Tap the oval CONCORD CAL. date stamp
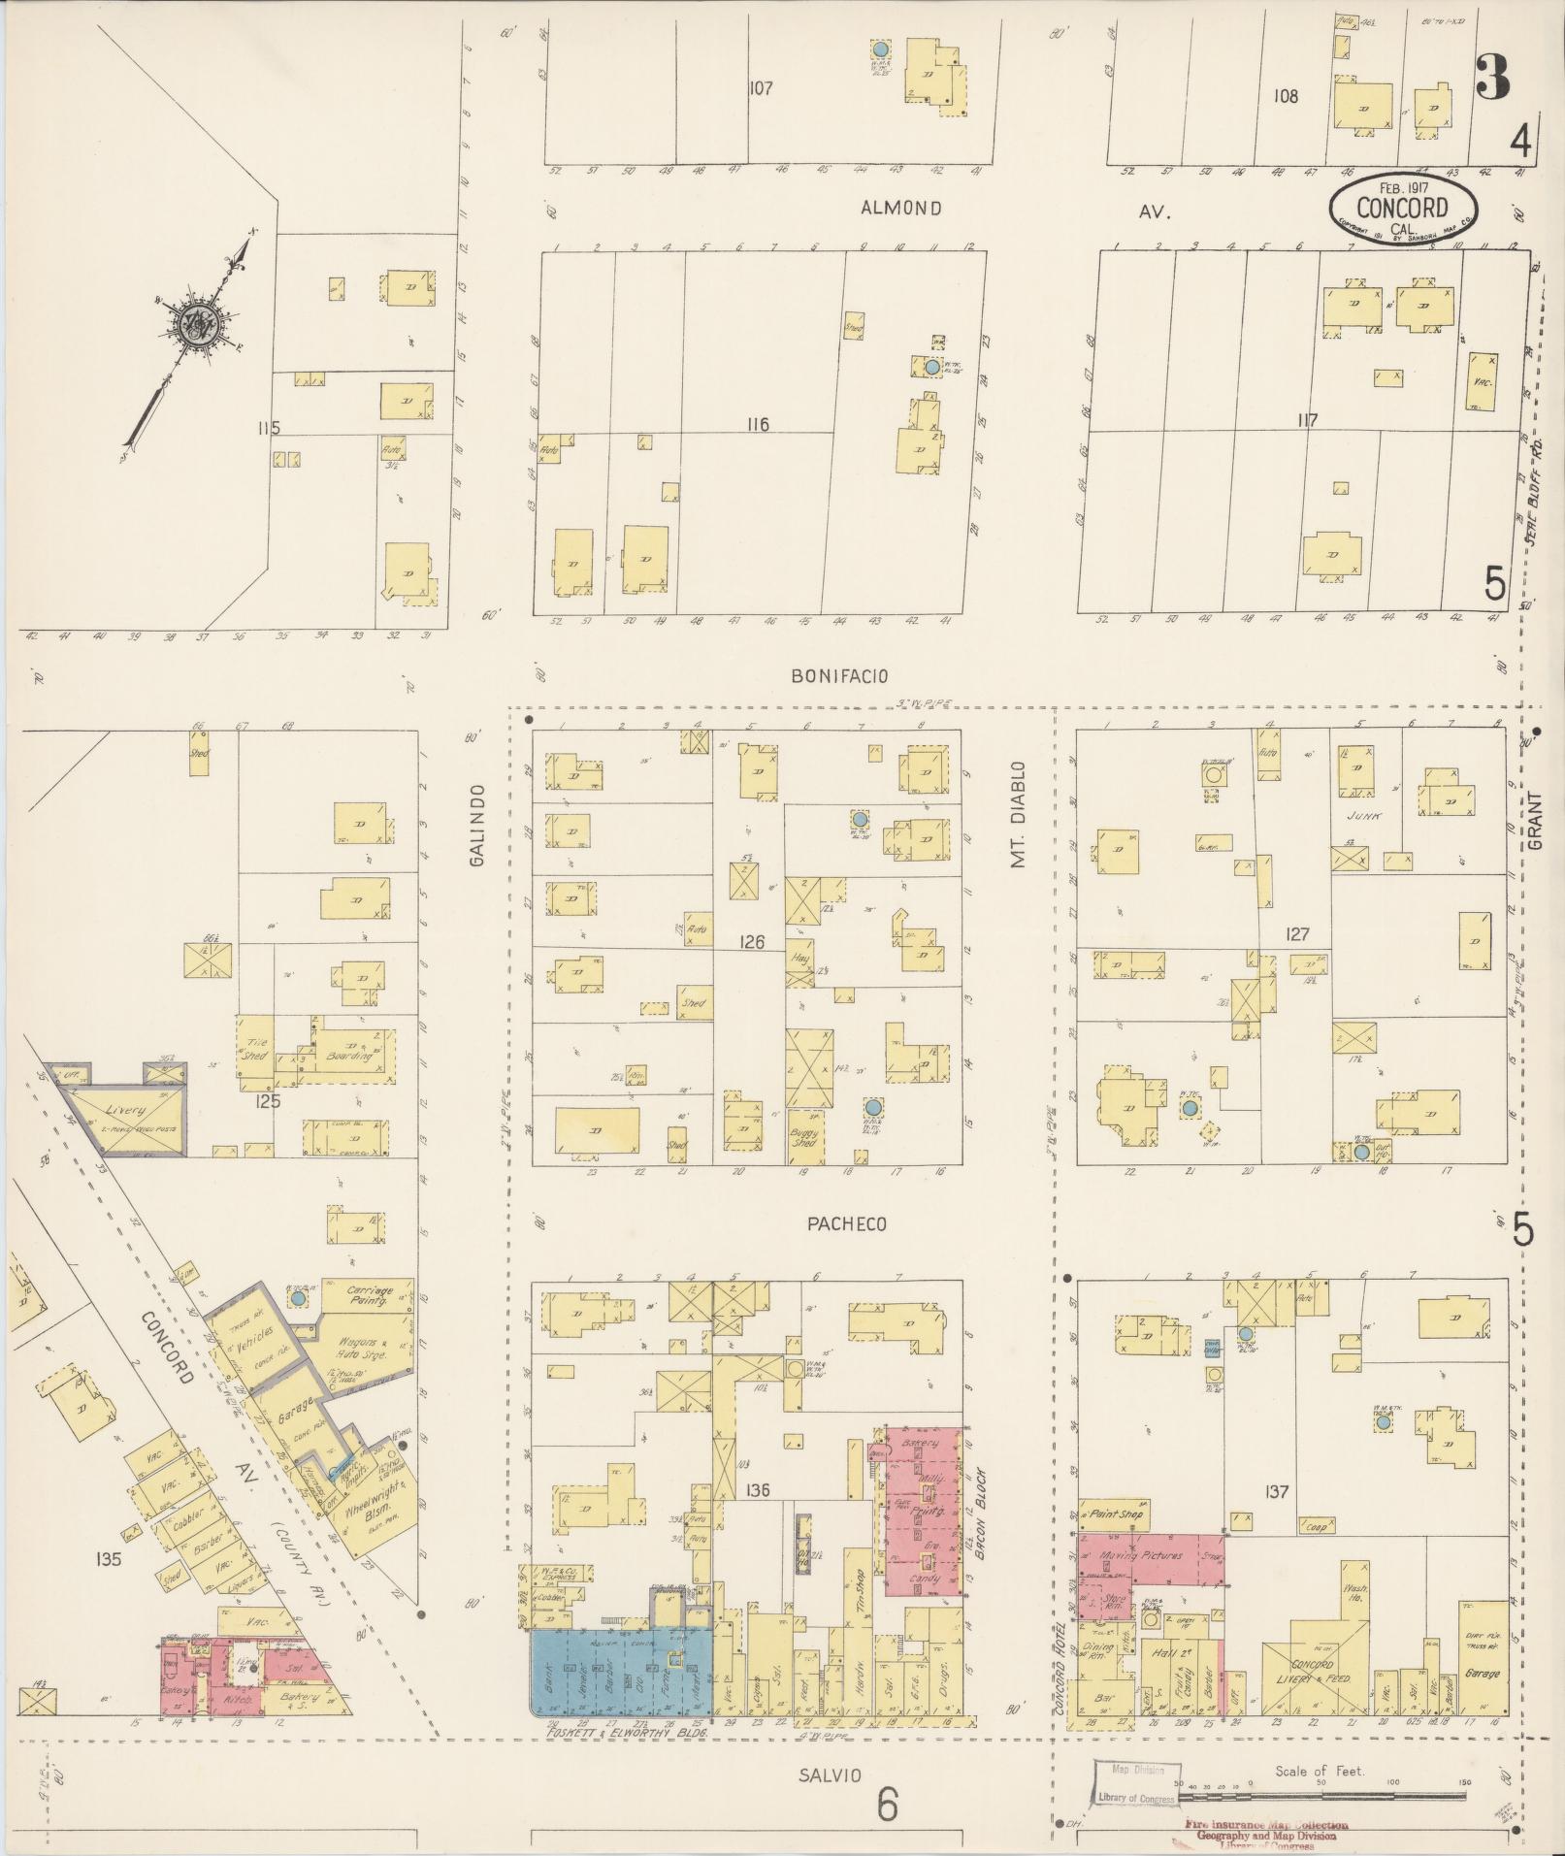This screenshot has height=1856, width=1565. (1402, 207)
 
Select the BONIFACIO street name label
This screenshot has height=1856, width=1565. (839, 676)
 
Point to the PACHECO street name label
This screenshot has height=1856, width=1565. (847, 1224)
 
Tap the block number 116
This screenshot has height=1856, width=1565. (758, 424)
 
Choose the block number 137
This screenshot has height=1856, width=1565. (1277, 1491)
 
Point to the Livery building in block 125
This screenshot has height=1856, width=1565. (128, 1109)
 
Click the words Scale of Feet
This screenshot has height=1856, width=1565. (1320, 1771)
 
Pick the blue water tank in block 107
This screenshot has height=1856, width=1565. (880, 49)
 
